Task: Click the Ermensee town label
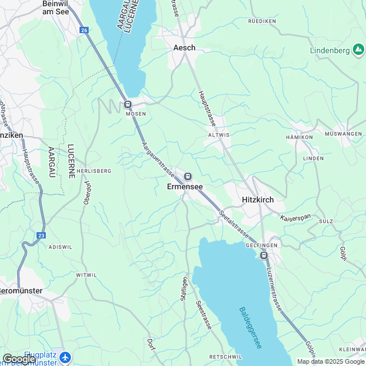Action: click(x=185, y=186)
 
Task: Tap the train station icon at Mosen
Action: click(x=128, y=104)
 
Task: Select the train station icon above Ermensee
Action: click(x=188, y=176)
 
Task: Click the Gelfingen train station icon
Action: click(x=264, y=255)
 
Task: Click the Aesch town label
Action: click(x=184, y=48)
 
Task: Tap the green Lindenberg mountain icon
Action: click(x=359, y=50)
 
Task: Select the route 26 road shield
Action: click(x=85, y=30)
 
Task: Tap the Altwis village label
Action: click(x=219, y=135)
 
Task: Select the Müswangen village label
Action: click(x=343, y=133)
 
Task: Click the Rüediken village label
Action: click(x=262, y=21)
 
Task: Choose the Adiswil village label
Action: click(x=61, y=246)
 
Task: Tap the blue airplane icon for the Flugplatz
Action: click(x=65, y=357)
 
